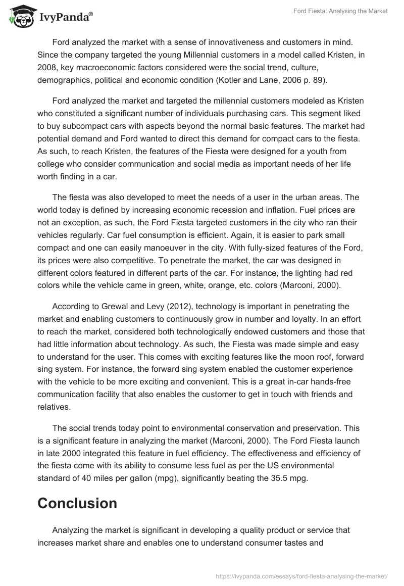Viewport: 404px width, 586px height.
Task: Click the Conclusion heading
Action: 77,503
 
